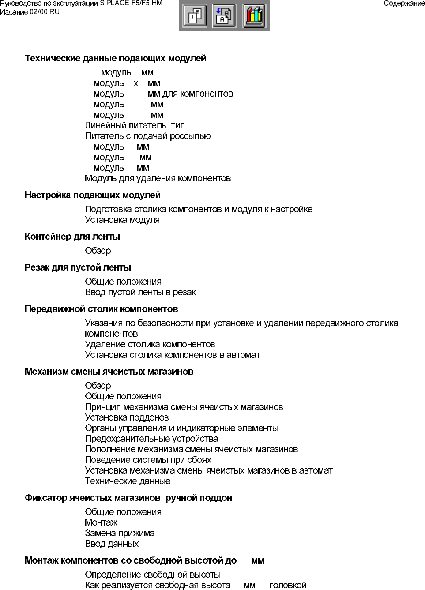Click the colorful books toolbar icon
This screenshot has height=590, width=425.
[254, 16]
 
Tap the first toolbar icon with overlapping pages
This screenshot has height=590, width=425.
[195, 16]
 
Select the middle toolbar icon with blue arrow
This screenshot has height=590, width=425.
[224, 16]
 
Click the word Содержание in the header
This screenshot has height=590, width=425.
[404, 4]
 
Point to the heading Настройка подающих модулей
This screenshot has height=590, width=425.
[92, 195]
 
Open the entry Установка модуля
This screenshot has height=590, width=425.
[122, 220]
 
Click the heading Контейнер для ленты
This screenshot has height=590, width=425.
[72, 237]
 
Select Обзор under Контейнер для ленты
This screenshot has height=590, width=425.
[98, 251]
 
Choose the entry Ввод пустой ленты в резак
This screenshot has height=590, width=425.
[140, 292]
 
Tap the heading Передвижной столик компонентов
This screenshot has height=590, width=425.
[101, 309]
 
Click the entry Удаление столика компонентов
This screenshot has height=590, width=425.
[150, 344]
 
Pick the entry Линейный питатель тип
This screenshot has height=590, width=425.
[135, 125]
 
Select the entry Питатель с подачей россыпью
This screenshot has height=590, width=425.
[147, 136]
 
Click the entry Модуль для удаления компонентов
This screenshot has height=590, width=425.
[158, 178]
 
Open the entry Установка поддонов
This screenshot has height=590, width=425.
[127, 417]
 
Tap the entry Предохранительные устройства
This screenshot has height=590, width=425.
[151, 439]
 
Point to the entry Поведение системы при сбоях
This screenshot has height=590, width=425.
[148, 460]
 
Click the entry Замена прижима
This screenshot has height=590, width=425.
[120, 533]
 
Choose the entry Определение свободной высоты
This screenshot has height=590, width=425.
[153, 575]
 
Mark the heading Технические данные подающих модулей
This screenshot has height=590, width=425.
[115, 58]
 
